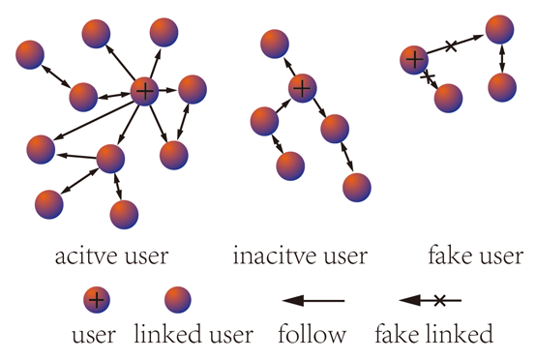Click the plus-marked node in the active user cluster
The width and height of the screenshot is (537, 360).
click(x=144, y=92)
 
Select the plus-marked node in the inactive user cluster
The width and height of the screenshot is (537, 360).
click(x=302, y=88)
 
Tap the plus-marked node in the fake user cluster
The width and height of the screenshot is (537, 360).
click(x=415, y=60)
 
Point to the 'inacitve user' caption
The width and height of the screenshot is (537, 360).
click(x=301, y=257)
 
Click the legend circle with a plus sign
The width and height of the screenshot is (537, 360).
click(x=96, y=300)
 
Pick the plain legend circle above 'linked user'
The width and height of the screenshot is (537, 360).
click(x=176, y=300)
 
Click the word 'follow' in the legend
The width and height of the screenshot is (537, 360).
click(x=312, y=336)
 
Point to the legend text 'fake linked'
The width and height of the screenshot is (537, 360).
click(x=433, y=336)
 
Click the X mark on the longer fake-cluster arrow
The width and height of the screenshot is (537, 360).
click(x=451, y=45)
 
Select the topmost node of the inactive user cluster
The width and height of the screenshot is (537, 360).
click(x=275, y=43)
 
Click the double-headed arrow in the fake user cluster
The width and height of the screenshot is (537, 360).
click(x=501, y=58)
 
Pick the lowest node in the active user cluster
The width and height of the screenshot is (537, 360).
click(x=125, y=215)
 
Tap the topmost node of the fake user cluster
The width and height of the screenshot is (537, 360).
click(x=499, y=29)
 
